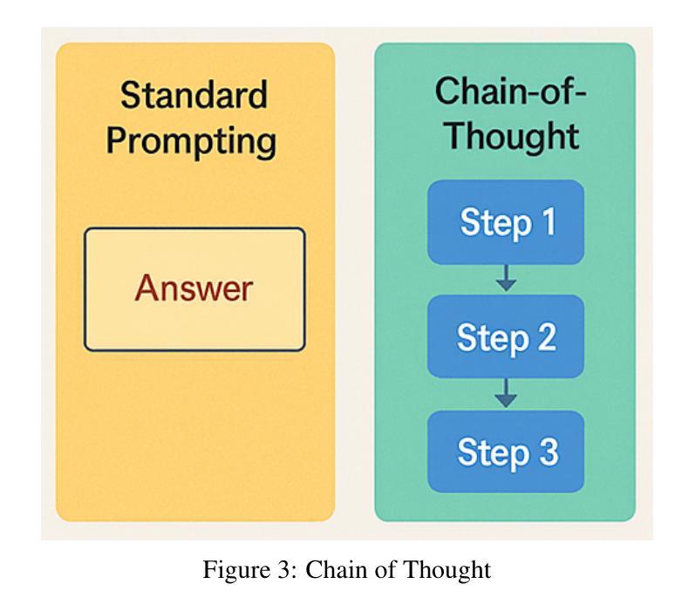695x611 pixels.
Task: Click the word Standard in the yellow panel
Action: tap(194, 95)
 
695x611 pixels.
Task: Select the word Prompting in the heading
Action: tap(191, 142)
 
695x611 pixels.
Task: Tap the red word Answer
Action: tap(194, 288)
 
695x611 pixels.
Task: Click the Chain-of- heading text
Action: tap(510, 91)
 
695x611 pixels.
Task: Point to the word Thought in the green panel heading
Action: tap(513, 136)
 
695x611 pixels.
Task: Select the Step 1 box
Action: tap(505, 222)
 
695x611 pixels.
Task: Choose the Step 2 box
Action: tap(505, 336)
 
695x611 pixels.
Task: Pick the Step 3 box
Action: tap(505, 451)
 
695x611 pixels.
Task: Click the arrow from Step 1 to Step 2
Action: tap(506, 278)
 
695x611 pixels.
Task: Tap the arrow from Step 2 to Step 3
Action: tap(506, 392)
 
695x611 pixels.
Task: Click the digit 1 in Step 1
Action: tap(549, 221)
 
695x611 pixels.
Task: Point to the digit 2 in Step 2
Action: tap(547, 336)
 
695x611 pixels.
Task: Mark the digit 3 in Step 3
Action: tap(549, 451)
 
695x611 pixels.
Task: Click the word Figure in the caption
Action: tap(236, 570)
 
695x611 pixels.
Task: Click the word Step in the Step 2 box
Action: tap(493, 339)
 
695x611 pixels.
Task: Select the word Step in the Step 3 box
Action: tap(494, 454)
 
